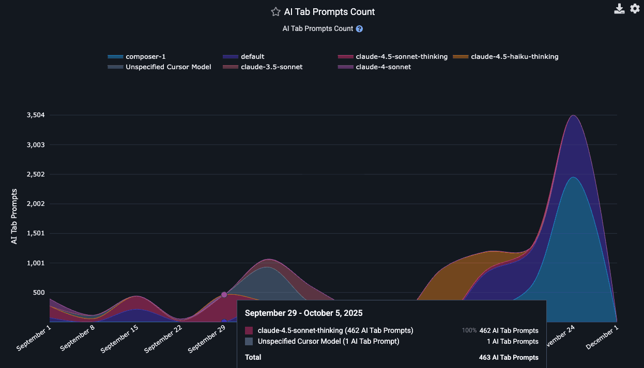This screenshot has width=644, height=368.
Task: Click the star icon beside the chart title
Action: point(275,12)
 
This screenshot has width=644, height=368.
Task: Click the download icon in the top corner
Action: point(619,9)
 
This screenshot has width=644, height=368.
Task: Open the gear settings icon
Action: point(635,9)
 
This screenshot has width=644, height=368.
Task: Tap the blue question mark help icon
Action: point(359,29)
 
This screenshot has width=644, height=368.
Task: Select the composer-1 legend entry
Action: point(145,57)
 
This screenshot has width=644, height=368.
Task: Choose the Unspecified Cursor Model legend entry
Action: point(168,67)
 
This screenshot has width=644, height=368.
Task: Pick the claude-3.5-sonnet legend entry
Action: point(271,67)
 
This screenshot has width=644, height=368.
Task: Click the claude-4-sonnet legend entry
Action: point(383,67)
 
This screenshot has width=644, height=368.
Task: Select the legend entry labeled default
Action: point(252,57)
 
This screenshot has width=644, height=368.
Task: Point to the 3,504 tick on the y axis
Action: point(36,115)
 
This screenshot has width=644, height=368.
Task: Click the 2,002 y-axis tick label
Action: point(36,204)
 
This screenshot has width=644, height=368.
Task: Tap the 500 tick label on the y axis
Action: point(38,293)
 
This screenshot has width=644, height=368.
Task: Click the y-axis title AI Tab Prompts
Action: point(14,216)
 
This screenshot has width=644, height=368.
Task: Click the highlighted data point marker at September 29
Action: point(224,295)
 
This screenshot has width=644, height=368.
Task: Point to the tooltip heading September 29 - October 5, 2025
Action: point(303,313)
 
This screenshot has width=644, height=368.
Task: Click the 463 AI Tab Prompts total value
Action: point(509,357)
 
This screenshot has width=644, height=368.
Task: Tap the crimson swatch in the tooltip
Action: point(249,330)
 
